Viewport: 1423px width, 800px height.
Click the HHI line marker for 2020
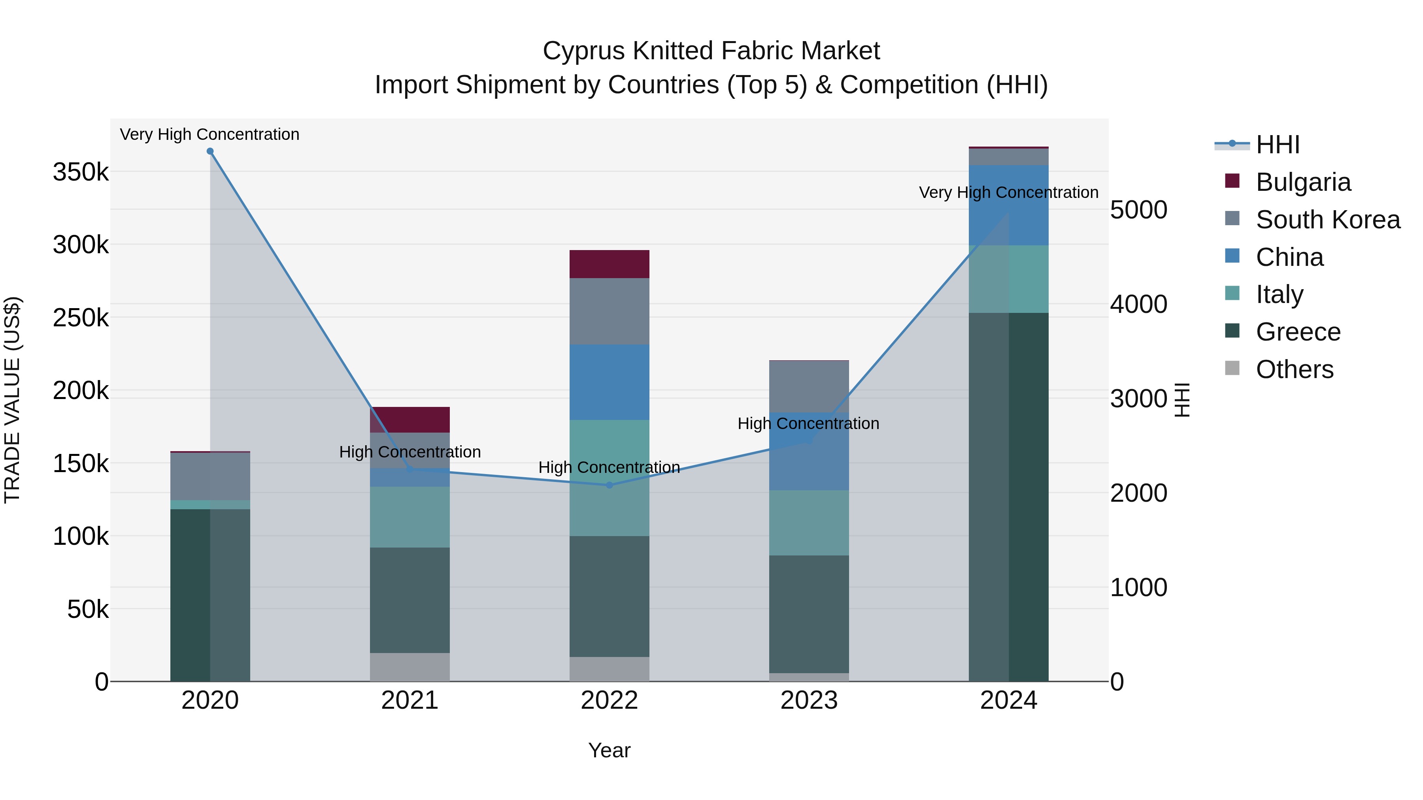[210, 151]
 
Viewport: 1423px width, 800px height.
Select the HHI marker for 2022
[609, 485]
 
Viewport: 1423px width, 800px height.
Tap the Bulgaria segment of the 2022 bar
[609, 264]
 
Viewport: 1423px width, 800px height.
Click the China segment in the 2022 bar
[609, 382]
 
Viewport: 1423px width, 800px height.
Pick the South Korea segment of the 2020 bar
[210, 476]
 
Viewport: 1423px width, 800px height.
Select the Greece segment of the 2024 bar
[1009, 497]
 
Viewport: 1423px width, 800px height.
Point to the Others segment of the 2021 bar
[410, 667]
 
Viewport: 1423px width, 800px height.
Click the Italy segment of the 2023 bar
[809, 522]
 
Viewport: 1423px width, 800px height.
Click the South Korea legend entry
[1327, 220]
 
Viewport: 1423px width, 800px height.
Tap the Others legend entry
[1294, 369]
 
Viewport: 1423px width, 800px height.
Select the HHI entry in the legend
[1278, 145]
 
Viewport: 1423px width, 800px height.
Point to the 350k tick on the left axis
[81, 172]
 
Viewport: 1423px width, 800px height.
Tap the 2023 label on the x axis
[809, 700]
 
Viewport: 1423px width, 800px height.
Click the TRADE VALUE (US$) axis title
[12, 400]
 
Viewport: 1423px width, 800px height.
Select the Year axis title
[609, 750]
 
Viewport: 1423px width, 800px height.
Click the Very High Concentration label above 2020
[209, 134]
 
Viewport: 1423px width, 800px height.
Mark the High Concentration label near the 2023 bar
[808, 424]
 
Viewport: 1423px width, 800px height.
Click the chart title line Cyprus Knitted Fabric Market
[711, 51]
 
